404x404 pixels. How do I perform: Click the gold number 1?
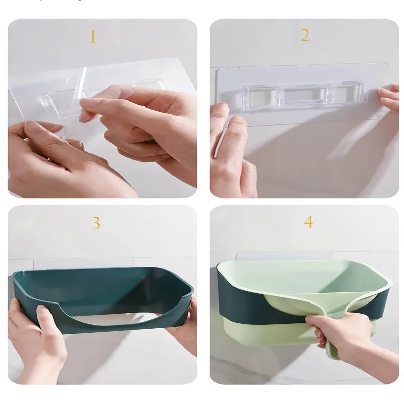(93, 37)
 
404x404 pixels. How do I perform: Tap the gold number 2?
(305, 35)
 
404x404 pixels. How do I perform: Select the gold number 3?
(96, 223)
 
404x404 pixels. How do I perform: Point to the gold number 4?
(308, 222)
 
